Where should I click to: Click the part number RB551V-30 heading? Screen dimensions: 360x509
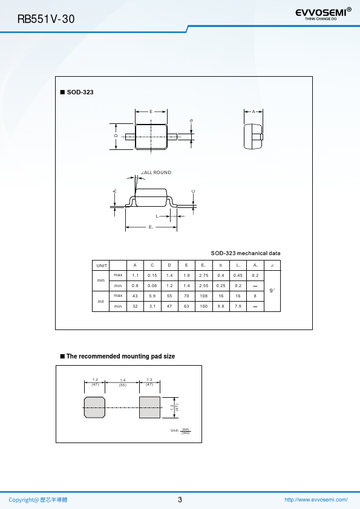pyautogui.click(x=46, y=19)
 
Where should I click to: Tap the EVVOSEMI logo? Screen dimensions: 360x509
pyautogui.click(x=323, y=14)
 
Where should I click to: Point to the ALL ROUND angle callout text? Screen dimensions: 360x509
pyautogui.click(x=156, y=172)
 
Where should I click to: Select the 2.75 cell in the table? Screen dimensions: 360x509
pyautogui.click(x=204, y=275)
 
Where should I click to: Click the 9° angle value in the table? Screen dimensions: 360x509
pyautogui.click(x=272, y=291)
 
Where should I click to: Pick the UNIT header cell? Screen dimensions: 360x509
pyautogui.click(x=102, y=265)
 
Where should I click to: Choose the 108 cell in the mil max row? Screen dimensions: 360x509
pyautogui.click(x=204, y=296)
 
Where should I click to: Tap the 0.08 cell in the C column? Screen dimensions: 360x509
pyautogui.click(x=152, y=286)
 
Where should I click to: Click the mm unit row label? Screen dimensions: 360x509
pyautogui.click(x=100, y=280)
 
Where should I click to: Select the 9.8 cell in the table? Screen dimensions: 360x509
pyautogui.click(x=221, y=306)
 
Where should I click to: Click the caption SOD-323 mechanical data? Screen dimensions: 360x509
pyautogui.click(x=246, y=253)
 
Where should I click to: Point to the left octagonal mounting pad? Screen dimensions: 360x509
pyautogui.click(x=94, y=407)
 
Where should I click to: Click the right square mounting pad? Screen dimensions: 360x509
pyautogui.click(x=150, y=407)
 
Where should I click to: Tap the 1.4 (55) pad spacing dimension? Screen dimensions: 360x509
pyautogui.click(x=122, y=383)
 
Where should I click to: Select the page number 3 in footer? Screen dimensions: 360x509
pyautogui.click(x=180, y=499)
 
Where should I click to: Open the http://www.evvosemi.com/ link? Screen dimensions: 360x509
pyautogui.click(x=316, y=499)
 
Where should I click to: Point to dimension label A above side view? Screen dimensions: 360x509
pyautogui.click(x=254, y=112)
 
